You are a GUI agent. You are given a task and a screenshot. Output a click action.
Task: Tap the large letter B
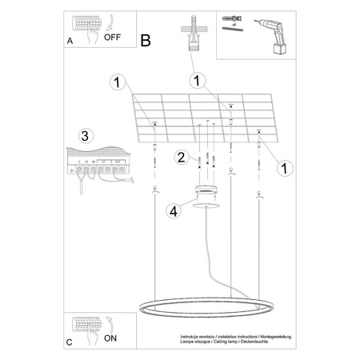[145, 39]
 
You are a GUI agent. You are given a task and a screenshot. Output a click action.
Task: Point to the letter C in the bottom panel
[70, 342]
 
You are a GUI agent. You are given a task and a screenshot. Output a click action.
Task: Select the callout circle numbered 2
[182, 157]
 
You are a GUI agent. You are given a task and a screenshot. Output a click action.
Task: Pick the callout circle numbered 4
[175, 211]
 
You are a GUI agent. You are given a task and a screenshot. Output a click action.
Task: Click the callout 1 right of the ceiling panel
[282, 167]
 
